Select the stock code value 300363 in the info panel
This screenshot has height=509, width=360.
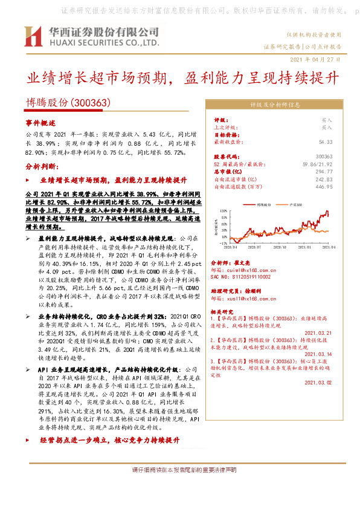tap(324, 156)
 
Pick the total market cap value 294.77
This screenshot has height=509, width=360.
tap(324, 172)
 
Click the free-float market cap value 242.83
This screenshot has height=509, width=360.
tap(324, 180)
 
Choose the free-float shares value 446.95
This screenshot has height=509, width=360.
tap(324, 187)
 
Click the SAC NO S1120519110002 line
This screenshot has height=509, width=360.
tap(242, 276)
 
